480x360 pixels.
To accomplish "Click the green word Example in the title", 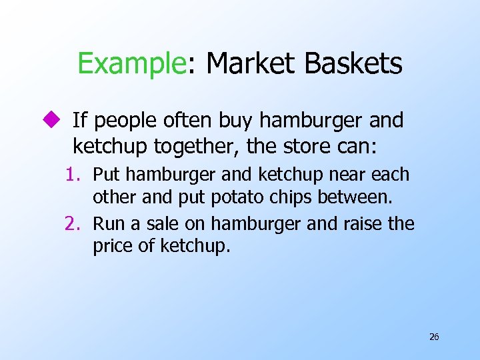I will point(131,64).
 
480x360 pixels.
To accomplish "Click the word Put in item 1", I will point(107,175).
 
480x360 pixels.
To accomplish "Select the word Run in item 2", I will point(108,224).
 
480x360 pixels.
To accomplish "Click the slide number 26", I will point(434,337).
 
